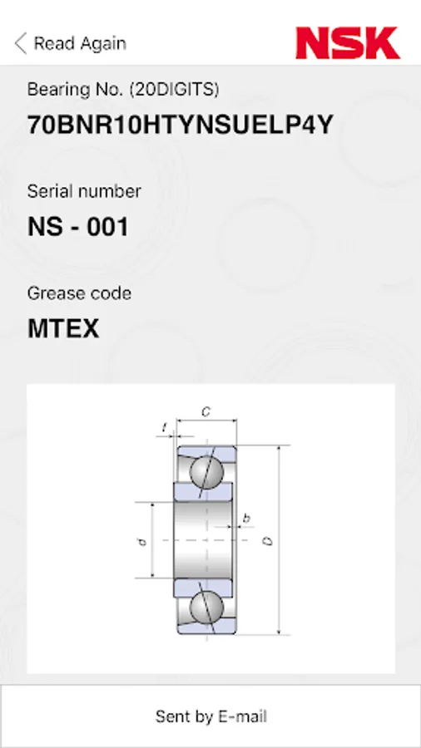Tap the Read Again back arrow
pyautogui.click(x=21, y=43)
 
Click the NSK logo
pyautogui.click(x=348, y=43)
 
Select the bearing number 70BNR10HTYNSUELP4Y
pyautogui.click(x=180, y=125)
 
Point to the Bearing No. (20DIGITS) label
pyautogui.click(x=123, y=89)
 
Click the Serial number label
pyautogui.click(x=84, y=191)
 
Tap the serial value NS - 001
pyautogui.click(x=78, y=227)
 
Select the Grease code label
pyautogui.click(x=79, y=293)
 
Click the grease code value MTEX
pyautogui.click(x=63, y=328)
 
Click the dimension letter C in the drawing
pyautogui.click(x=206, y=411)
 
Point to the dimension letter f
pyautogui.click(x=165, y=427)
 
